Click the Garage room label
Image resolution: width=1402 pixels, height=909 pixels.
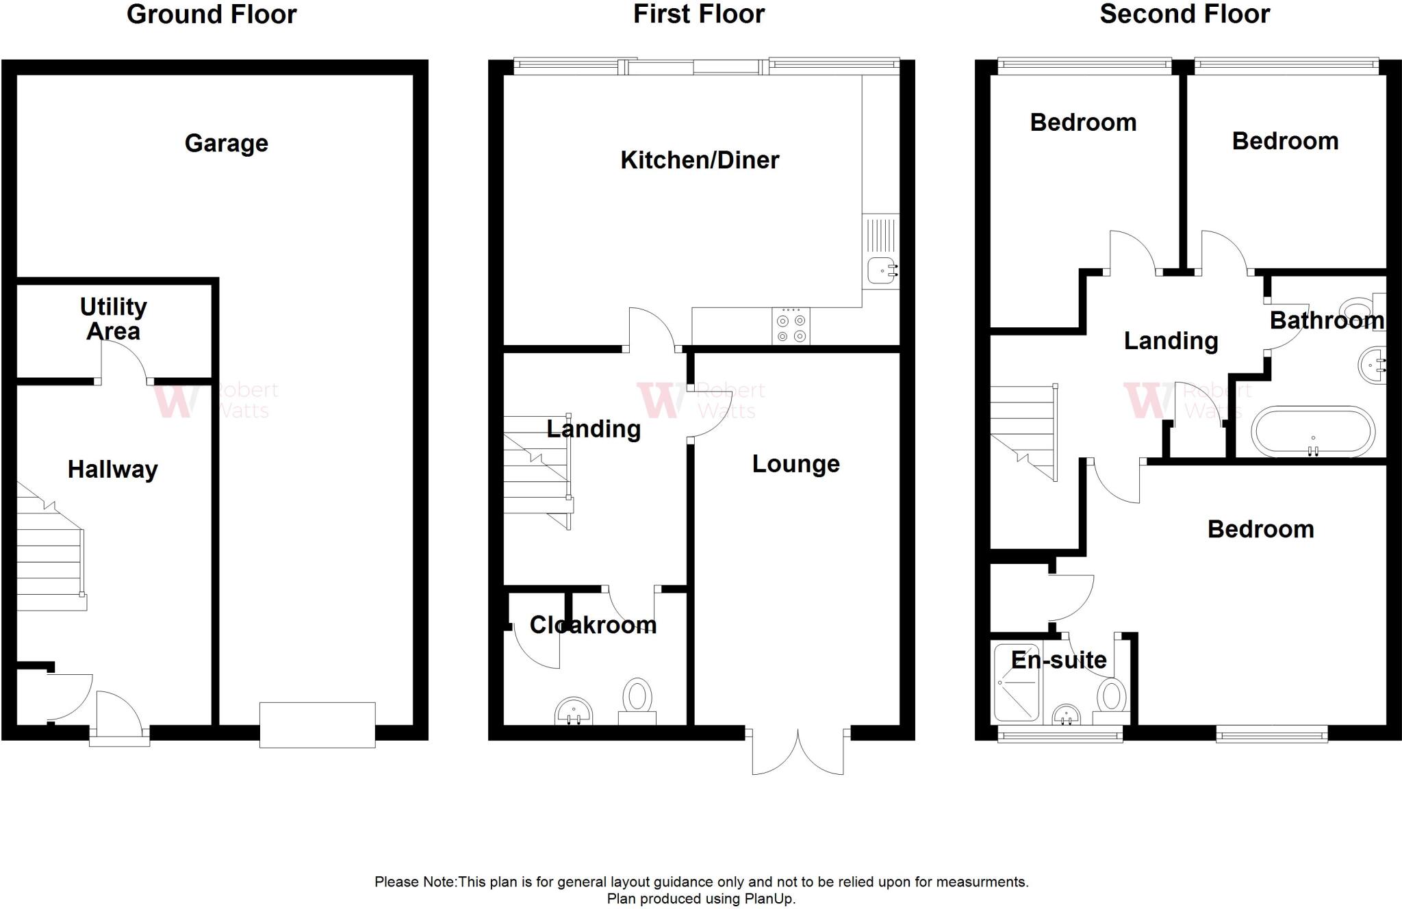coord(226,143)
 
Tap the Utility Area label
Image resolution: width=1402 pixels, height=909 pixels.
coord(113,318)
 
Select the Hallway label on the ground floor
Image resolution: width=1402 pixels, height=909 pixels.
coord(112,470)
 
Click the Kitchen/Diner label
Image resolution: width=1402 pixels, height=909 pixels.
coord(699,160)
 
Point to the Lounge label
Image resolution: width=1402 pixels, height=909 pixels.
coord(795,464)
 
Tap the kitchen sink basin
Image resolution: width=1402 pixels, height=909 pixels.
coord(881,271)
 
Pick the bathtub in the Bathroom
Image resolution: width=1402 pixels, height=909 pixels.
coord(1312,432)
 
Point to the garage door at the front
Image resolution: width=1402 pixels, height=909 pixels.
coord(317,725)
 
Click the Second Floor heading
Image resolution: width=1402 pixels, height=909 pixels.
coord(1184,14)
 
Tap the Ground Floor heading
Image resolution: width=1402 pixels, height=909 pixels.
coord(212,14)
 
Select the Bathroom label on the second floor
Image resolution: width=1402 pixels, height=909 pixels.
coord(1326,320)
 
